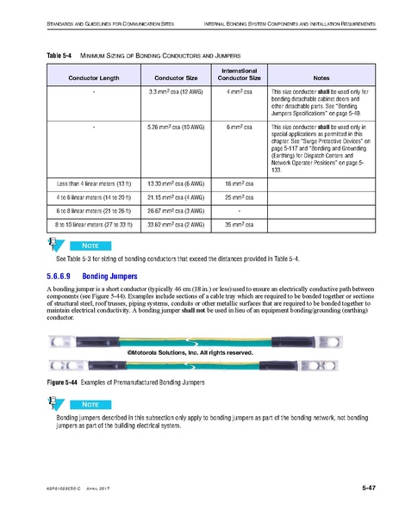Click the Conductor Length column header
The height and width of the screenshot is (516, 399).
(x=92, y=78)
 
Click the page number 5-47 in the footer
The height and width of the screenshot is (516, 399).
(x=368, y=490)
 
